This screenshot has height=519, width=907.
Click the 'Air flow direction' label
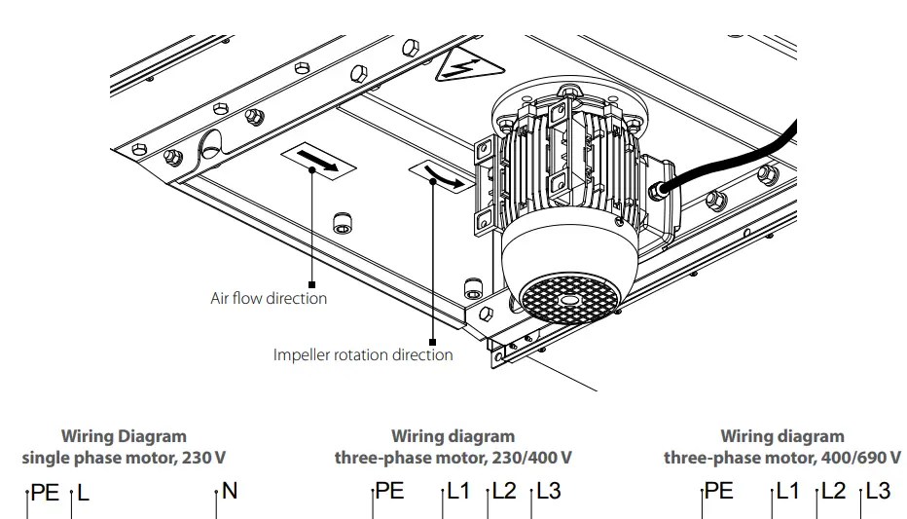click(269, 298)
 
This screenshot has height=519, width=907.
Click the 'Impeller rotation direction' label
click(362, 354)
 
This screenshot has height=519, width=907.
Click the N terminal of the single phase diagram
click(230, 492)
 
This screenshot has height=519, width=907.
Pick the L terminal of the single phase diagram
click(83, 493)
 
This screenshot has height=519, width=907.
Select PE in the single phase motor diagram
click(45, 493)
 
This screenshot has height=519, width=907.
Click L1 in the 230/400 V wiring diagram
click(458, 492)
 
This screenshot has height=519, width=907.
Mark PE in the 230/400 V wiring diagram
click(389, 492)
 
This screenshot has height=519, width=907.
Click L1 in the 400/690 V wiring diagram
click(787, 492)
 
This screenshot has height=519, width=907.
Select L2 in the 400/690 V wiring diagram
click(833, 492)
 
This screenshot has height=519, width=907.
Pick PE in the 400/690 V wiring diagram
click(718, 492)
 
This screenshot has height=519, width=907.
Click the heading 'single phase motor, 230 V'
click(124, 457)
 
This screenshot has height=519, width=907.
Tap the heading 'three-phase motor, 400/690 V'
click(782, 457)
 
